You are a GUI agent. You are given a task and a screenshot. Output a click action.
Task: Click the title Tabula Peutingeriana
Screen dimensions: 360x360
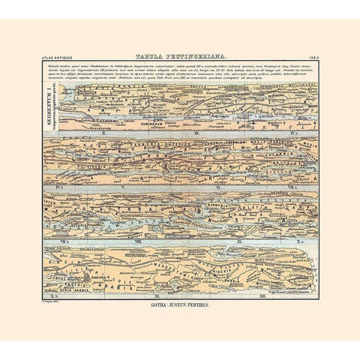179,56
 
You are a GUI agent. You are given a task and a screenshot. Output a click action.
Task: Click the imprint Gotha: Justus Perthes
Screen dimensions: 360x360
180,305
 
